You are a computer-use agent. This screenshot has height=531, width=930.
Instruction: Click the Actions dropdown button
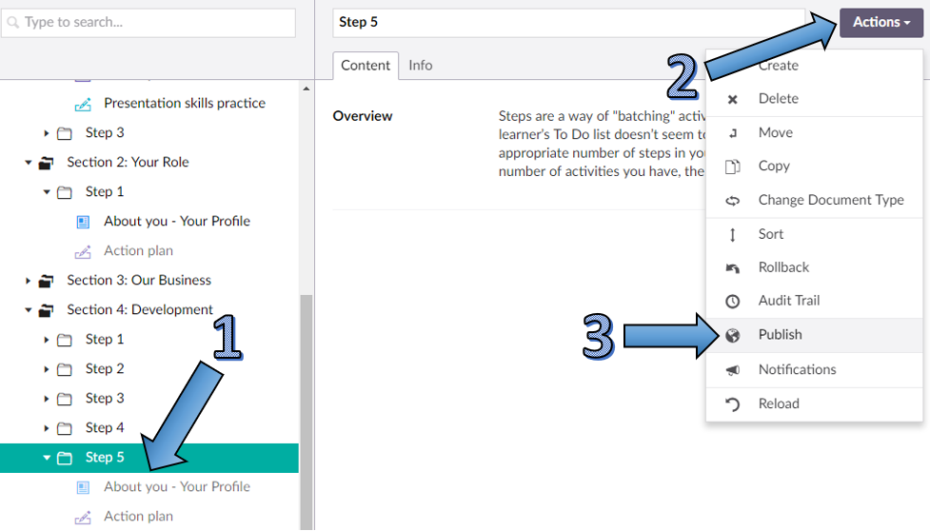(x=881, y=23)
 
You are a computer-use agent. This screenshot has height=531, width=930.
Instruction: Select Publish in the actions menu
(x=780, y=335)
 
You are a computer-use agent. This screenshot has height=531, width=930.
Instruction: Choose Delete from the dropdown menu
(x=778, y=99)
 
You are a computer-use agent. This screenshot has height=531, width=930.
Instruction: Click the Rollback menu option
(x=783, y=267)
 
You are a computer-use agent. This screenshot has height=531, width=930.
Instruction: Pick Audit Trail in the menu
(x=788, y=301)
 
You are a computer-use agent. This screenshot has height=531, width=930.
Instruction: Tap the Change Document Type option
(x=830, y=200)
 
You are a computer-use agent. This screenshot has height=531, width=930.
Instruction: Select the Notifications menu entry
(x=797, y=369)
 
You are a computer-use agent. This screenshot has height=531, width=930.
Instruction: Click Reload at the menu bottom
(x=778, y=403)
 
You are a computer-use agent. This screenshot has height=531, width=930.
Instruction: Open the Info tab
(x=420, y=66)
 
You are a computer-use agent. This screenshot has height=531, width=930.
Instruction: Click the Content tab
(x=366, y=66)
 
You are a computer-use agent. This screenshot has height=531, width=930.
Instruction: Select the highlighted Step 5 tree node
(x=105, y=458)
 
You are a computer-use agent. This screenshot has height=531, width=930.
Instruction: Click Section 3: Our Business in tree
(x=139, y=281)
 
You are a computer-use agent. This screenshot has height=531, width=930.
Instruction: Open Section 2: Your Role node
(x=128, y=163)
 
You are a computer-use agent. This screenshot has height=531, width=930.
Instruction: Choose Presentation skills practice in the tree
(x=184, y=104)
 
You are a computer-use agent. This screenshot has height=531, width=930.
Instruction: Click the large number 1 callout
(x=226, y=338)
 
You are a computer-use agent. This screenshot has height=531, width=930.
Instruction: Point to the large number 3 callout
(x=598, y=336)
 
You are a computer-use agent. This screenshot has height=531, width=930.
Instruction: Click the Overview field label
(x=362, y=116)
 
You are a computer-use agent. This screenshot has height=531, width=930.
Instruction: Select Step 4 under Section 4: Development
(x=105, y=428)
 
